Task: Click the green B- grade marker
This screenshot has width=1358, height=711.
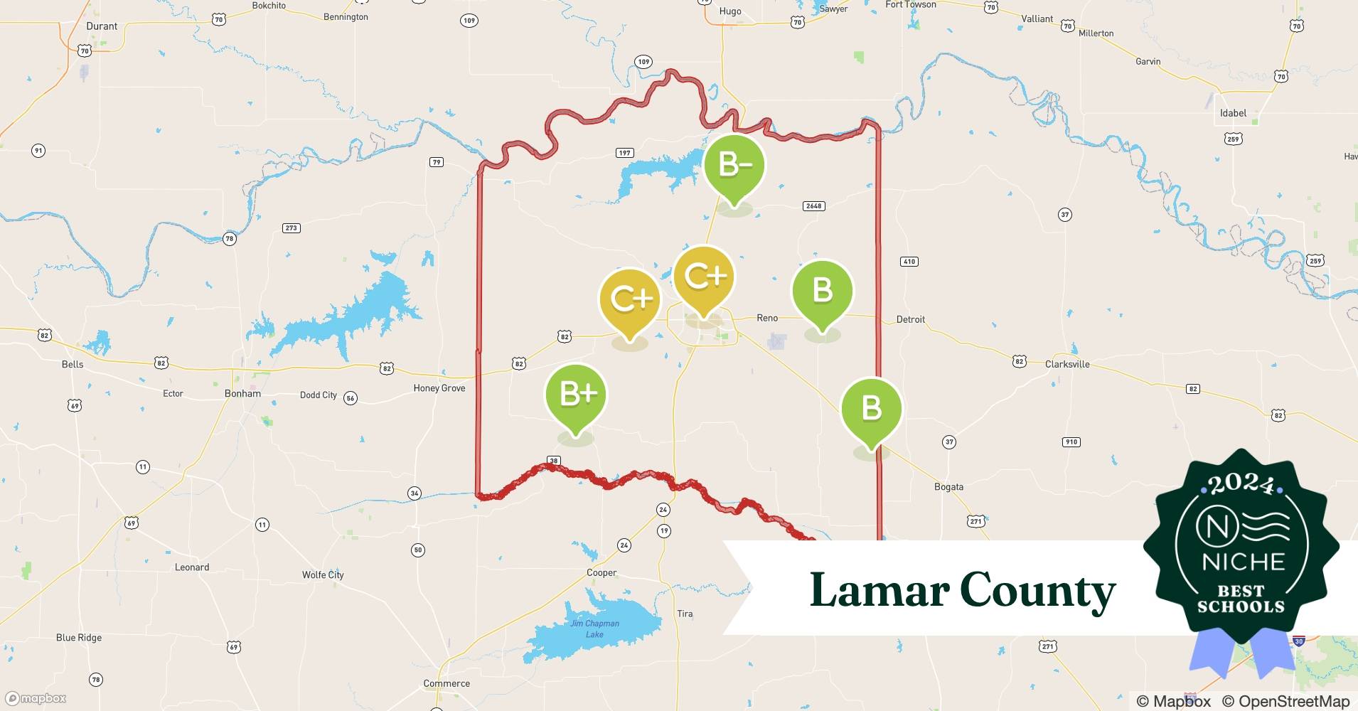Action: tap(734, 165)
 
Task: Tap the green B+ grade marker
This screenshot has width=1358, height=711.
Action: tap(575, 395)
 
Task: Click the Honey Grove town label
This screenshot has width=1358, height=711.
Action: tap(439, 388)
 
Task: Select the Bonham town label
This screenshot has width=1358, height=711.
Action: tap(242, 393)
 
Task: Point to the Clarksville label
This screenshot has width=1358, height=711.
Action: tap(1066, 364)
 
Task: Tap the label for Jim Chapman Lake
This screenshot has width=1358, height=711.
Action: tap(594, 629)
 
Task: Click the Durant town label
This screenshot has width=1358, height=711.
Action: tap(102, 26)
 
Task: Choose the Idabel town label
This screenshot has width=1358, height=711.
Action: tap(1233, 113)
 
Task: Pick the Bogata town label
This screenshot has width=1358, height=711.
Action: tap(948, 487)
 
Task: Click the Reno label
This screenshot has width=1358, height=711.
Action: tap(766, 318)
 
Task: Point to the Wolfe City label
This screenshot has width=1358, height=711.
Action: tap(323, 574)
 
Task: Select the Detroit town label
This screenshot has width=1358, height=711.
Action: tap(910, 319)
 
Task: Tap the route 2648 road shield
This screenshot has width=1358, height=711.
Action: tap(813, 206)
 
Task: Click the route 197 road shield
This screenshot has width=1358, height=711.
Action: tap(624, 153)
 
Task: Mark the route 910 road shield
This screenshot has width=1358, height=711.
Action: tap(1071, 442)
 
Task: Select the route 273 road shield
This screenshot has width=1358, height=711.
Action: tap(291, 228)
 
